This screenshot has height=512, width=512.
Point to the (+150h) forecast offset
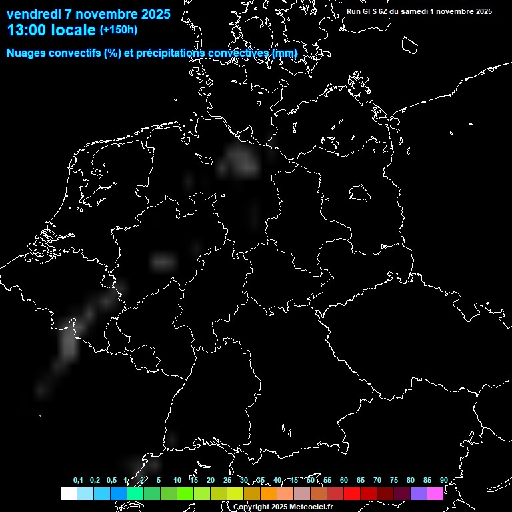pyautogui.click(x=119, y=30)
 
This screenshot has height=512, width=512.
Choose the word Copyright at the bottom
pyautogui.click(x=251, y=507)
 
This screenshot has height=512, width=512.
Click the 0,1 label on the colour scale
pyautogui.click(x=78, y=481)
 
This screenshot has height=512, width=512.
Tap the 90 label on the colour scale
pyautogui.click(x=443, y=481)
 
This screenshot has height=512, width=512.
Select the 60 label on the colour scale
pyautogui.click(x=343, y=481)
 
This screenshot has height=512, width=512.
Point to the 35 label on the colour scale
pyautogui.click(x=260, y=481)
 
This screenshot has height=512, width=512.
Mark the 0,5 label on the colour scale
pyautogui.click(x=111, y=481)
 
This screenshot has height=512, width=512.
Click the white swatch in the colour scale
pyautogui.click(x=68, y=494)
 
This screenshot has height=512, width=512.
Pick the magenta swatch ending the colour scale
pyautogui.click(x=435, y=494)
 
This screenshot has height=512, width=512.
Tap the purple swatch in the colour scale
pyautogui.click(x=418, y=494)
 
